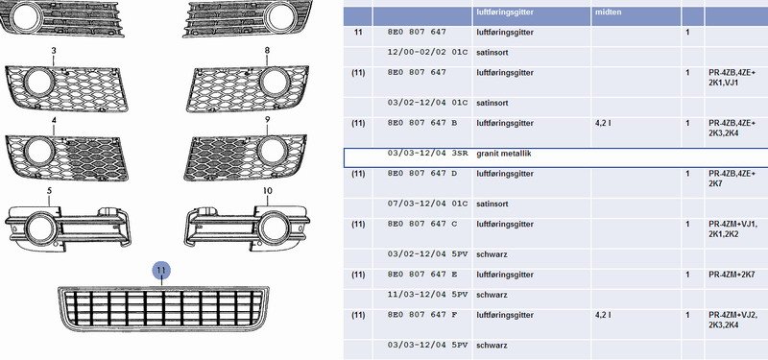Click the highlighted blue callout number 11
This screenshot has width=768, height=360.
(x=161, y=270)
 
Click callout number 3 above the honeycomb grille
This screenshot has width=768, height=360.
(x=54, y=51)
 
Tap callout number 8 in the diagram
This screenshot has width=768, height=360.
(x=267, y=50)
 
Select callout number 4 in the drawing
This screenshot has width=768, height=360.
(x=54, y=120)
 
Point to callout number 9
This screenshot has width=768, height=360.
(x=267, y=119)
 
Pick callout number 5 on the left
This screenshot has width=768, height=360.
(x=49, y=190)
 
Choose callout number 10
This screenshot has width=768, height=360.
(x=268, y=190)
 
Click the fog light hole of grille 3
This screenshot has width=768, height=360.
(x=39, y=82)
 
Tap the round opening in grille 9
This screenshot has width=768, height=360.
(x=273, y=152)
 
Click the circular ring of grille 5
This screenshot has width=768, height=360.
(x=40, y=229)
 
